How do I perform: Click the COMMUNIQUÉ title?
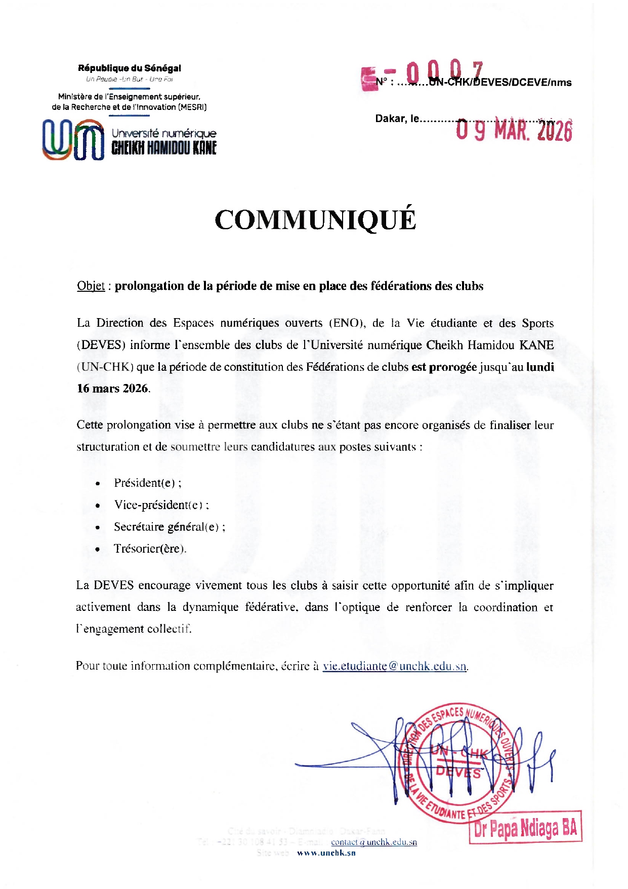(315, 220)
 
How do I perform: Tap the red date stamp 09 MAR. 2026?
(514, 131)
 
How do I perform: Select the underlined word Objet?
(91, 286)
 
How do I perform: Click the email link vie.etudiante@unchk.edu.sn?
(395, 666)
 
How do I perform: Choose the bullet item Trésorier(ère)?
(150, 549)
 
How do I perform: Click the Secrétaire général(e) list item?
(169, 527)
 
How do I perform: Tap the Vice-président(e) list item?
(161, 505)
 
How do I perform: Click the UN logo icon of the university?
(73, 140)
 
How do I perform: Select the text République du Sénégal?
(130, 68)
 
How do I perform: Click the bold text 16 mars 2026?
(113, 389)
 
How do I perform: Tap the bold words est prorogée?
(444, 367)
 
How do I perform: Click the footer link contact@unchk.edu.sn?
(374, 842)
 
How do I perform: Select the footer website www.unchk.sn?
(326, 853)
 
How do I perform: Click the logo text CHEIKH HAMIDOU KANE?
(164, 148)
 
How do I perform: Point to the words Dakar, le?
(397, 119)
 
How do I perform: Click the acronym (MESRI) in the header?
(191, 107)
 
